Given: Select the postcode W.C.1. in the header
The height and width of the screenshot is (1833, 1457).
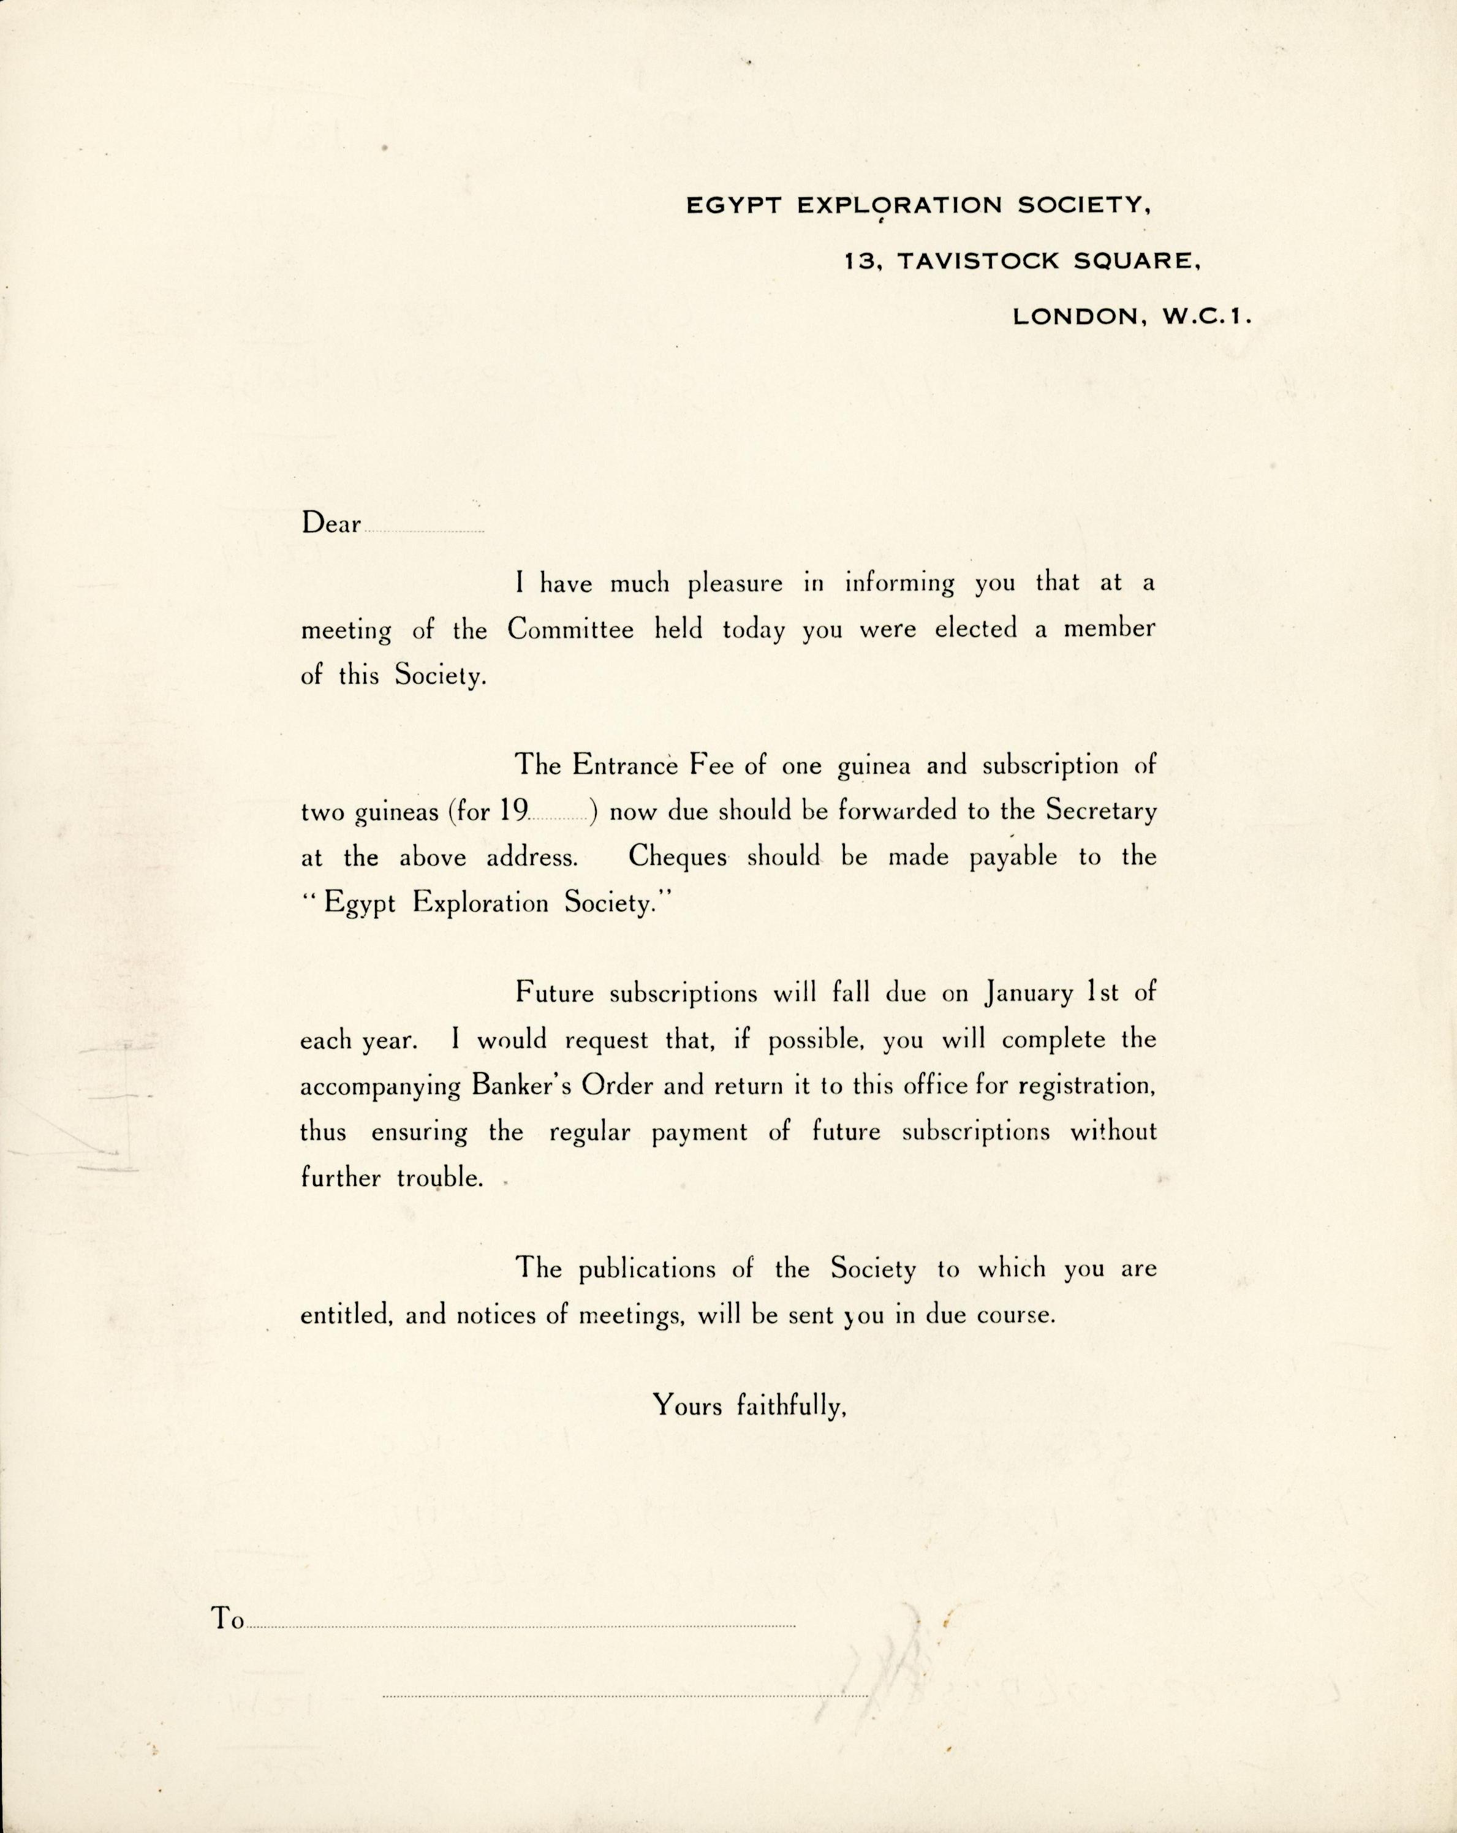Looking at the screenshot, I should click(x=1206, y=317).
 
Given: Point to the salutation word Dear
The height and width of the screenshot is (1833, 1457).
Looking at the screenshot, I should click(x=331, y=524).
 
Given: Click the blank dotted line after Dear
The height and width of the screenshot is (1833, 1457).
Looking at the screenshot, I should click(x=424, y=531).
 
